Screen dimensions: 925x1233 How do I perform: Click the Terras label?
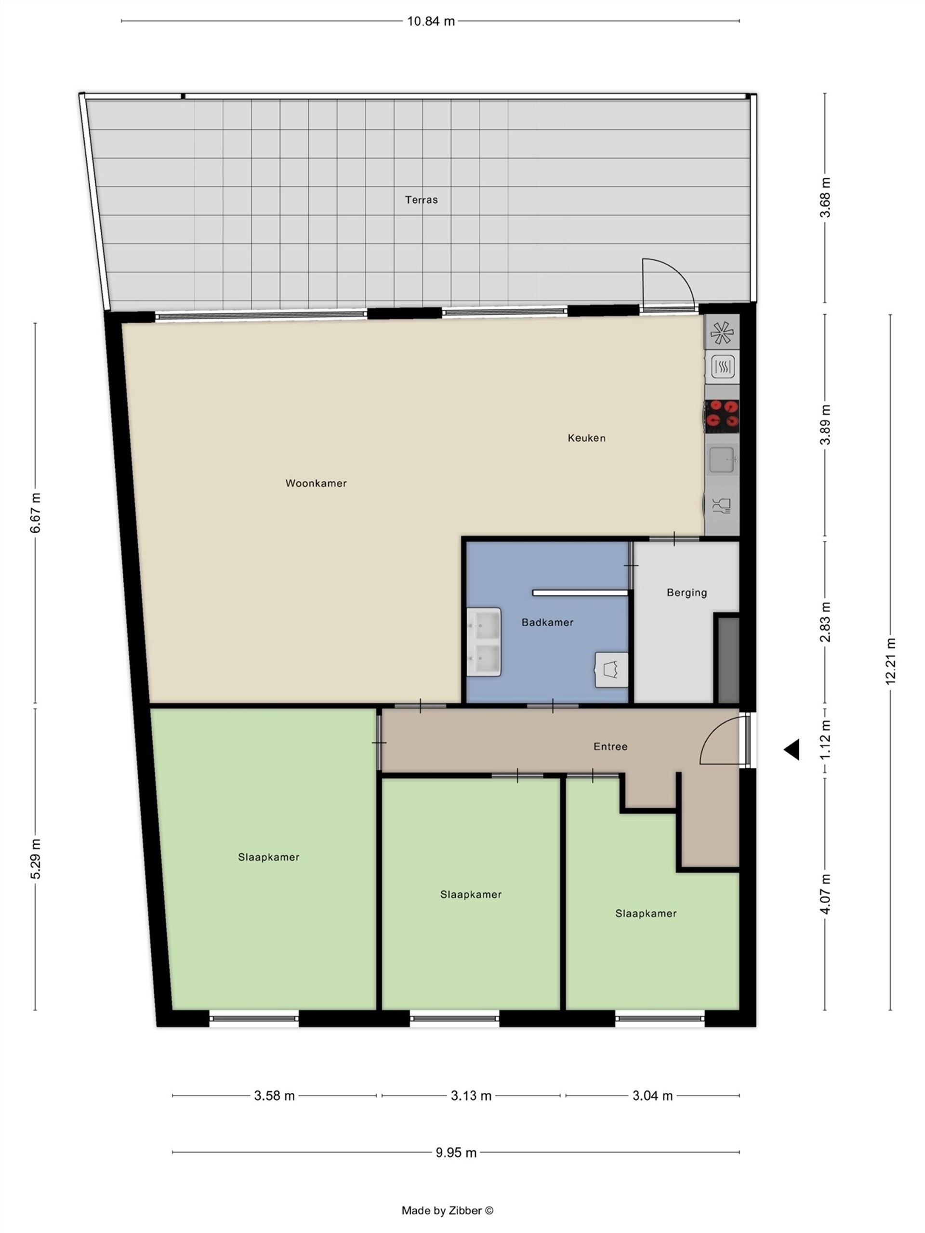tap(421, 199)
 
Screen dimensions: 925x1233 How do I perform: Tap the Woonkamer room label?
tap(316, 483)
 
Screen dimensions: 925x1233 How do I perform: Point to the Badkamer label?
tap(547, 622)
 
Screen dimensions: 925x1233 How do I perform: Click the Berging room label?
tap(687, 593)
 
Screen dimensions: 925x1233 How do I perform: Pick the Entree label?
tap(610, 747)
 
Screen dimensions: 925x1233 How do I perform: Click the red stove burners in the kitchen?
tap(722, 416)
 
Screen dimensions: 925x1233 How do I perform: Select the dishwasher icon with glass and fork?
tap(722, 506)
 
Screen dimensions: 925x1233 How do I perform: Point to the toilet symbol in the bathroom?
tap(612, 669)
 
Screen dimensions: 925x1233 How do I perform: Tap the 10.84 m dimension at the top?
tap(430, 21)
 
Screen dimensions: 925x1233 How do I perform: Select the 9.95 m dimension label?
tap(456, 1152)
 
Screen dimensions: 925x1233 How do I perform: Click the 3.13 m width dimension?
tap(471, 1096)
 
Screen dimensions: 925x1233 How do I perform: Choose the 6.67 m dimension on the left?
tap(35, 513)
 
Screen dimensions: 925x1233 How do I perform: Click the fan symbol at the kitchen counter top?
tap(722, 332)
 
